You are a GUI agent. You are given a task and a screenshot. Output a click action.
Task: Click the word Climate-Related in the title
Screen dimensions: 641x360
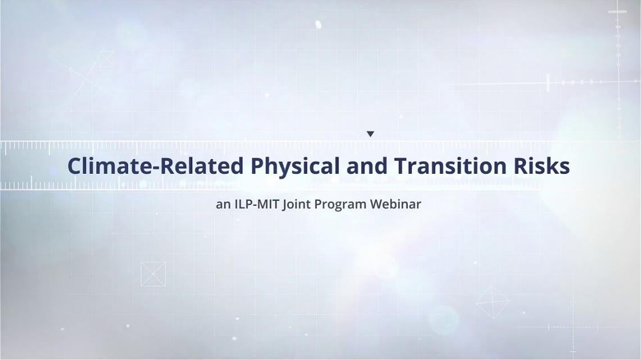click(x=155, y=166)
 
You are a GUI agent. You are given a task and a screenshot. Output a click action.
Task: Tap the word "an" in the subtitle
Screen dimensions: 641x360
click(x=223, y=204)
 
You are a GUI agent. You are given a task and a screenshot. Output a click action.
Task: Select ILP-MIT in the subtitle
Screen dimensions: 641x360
click(x=257, y=204)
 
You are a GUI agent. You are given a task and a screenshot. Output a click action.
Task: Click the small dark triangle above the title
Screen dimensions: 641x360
click(x=371, y=134)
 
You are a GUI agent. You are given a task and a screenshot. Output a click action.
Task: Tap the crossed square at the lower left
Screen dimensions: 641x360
click(x=154, y=274)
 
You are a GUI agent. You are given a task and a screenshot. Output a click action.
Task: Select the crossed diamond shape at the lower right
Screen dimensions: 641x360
click(x=492, y=302)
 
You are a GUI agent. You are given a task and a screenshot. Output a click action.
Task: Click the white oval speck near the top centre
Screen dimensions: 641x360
click(x=318, y=25)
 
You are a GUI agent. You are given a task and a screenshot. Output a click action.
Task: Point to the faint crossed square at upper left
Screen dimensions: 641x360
click(x=106, y=59)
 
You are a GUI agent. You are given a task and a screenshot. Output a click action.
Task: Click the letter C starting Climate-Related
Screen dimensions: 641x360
click(x=75, y=166)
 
